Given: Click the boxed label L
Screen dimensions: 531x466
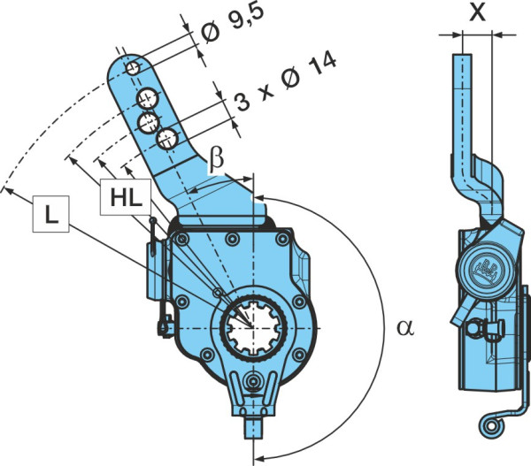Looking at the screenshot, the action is pyautogui.click(x=50, y=214).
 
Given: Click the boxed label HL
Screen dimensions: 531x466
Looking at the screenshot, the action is pyautogui.click(x=126, y=197).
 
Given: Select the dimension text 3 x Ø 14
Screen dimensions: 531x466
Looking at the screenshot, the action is pyautogui.click(x=286, y=81).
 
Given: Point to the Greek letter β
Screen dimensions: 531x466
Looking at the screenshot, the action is pyautogui.click(x=216, y=159).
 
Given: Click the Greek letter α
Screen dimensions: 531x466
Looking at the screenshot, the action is pyautogui.click(x=405, y=327).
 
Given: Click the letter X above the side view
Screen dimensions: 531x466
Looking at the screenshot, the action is pyautogui.click(x=478, y=12).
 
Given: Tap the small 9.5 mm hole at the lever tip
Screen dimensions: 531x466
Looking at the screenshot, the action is pyautogui.click(x=133, y=68).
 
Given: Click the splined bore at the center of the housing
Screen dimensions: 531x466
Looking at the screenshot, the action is pyautogui.click(x=253, y=327).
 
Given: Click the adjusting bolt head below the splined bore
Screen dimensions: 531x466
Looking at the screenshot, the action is pyautogui.click(x=252, y=382).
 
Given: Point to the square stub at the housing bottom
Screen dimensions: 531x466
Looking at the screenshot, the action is pyautogui.click(x=253, y=427).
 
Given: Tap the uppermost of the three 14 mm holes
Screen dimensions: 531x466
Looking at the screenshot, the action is pyautogui.click(x=147, y=98).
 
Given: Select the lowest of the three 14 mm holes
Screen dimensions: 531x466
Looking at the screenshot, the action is pyautogui.click(x=167, y=139).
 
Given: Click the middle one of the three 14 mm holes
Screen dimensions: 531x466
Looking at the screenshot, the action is pyautogui.click(x=149, y=123).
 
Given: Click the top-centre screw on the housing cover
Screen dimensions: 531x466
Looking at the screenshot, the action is pyautogui.click(x=232, y=240).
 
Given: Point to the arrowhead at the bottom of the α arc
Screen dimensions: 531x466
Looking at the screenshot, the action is pyautogui.click(x=258, y=458).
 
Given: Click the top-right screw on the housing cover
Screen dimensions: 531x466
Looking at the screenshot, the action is pyautogui.click(x=282, y=240).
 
